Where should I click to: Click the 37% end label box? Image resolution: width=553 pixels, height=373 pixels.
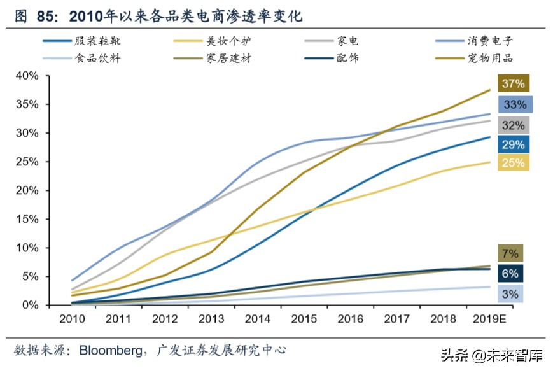[x=513, y=83]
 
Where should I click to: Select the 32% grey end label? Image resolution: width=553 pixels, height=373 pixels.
[x=514, y=125]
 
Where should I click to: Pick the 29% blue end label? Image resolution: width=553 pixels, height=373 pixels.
[x=513, y=144]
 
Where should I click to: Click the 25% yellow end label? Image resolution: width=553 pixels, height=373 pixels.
[x=513, y=162]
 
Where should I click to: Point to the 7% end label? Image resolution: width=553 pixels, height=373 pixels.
[x=510, y=253]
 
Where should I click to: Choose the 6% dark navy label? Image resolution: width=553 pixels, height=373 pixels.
[x=510, y=274]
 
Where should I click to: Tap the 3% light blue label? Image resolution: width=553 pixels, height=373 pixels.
[x=510, y=293]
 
